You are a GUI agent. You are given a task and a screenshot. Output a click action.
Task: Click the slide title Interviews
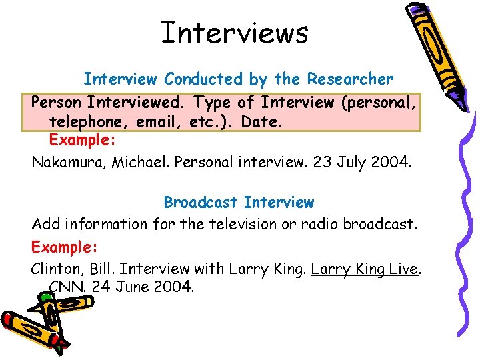[235, 33]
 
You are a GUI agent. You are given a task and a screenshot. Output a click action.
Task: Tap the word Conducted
[204, 79]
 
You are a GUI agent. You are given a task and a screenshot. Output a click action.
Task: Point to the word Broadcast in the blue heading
[201, 202]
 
